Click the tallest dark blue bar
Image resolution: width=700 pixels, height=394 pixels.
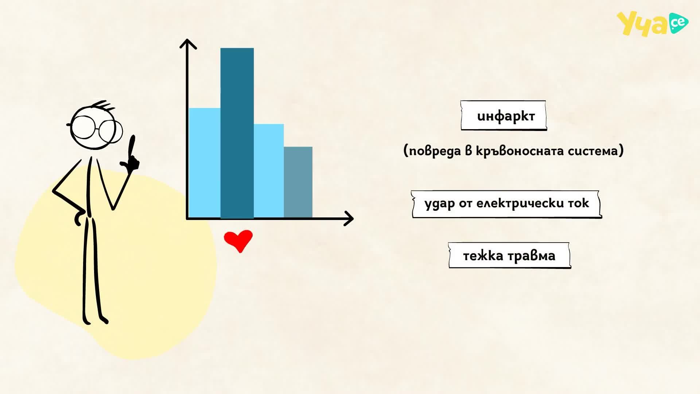[x=237, y=133]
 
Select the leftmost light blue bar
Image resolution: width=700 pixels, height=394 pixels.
[x=205, y=163]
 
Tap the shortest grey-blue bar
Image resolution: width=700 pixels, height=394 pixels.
[x=298, y=182]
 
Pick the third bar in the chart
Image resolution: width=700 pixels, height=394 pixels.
[x=269, y=171]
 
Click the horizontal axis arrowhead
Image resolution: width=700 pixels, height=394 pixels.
[x=349, y=219]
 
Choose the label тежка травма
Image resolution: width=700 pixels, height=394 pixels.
[x=509, y=255]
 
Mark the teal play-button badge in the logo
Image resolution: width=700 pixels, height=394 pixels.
[x=678, y=23]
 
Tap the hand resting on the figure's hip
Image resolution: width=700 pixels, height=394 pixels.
[x=80, y=217]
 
